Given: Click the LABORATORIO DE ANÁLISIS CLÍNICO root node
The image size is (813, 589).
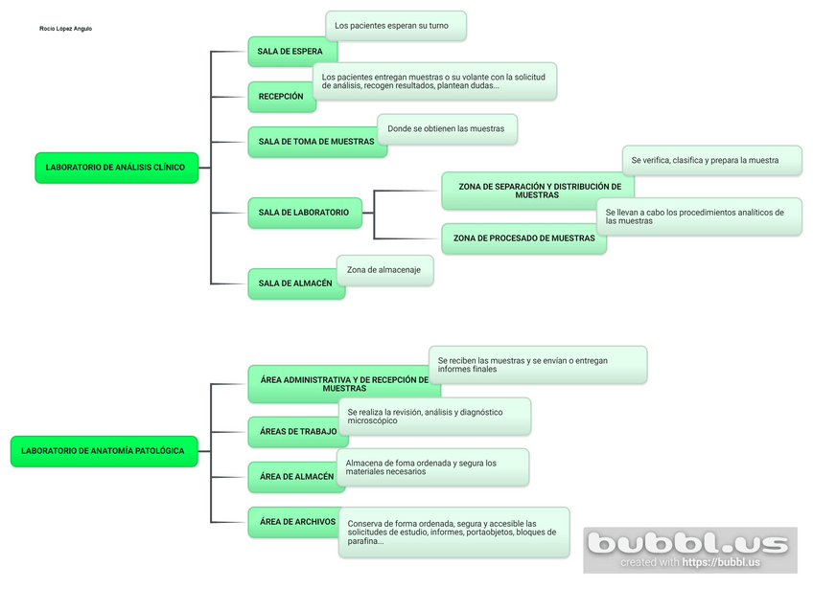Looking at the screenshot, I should (116, 168).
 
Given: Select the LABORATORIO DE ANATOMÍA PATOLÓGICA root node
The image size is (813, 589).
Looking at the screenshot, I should (104, 451).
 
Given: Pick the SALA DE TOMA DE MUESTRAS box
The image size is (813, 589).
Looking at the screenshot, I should (315, 142).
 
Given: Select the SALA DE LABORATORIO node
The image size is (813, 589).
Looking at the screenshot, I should (304, 213).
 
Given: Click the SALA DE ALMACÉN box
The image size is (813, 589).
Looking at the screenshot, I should (294, 283).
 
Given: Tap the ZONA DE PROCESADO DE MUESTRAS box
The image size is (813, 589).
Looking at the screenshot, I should (523, 238).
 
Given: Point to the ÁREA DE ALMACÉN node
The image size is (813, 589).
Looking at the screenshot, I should (295, 477).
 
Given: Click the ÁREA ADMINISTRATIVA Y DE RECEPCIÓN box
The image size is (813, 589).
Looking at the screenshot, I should (342, 384).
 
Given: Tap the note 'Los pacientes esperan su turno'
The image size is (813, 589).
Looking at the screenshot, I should (395, 26).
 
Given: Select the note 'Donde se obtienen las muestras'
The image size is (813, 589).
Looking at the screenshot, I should (447, 129).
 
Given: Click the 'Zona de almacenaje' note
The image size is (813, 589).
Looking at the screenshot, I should (384, 270).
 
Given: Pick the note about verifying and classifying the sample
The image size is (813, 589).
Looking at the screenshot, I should (711, 161).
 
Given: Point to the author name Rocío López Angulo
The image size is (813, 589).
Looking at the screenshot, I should (66, 29).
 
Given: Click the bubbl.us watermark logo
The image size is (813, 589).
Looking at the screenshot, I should (690, 547).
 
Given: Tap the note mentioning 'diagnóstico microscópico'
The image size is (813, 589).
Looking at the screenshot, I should (433, 417).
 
